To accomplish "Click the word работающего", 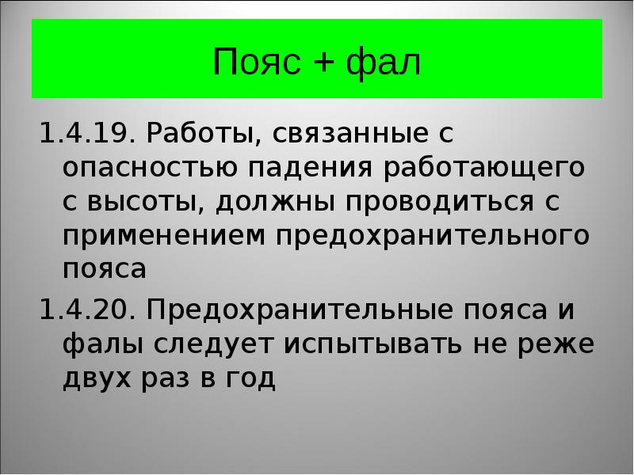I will click(484, 167).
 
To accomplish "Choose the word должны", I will click(274, 201).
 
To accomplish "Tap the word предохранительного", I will click(433, 235).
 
